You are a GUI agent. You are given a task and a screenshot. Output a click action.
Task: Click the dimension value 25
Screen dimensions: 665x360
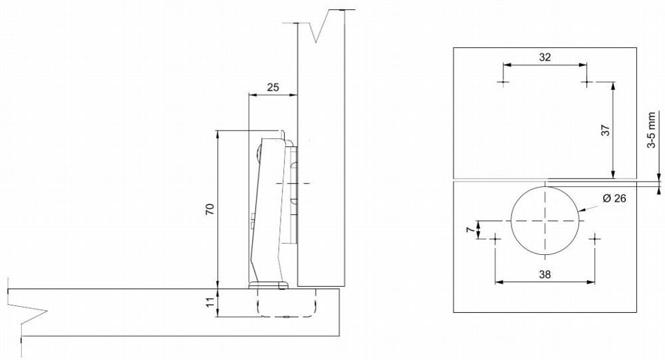[x=273, y=87]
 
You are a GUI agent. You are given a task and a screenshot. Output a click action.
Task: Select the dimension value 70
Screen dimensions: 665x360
[x=210, y=210]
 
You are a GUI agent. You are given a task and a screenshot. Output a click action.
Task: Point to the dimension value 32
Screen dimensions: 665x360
[x=545, y=57]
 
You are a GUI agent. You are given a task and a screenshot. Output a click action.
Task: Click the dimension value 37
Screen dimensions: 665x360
[x=606, y=130]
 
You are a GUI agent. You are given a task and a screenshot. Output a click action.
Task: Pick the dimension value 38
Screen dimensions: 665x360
[x=545, y=274]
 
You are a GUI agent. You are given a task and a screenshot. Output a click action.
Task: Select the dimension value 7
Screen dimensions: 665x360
[x=469, y=230]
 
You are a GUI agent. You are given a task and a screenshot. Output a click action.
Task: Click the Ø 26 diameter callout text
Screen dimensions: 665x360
[x=614, y=198]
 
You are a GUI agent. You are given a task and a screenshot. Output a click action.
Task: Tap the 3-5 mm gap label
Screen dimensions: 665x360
[x=652, y=130]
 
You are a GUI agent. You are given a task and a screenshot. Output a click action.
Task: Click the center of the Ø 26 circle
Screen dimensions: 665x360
[x=545, y=221]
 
